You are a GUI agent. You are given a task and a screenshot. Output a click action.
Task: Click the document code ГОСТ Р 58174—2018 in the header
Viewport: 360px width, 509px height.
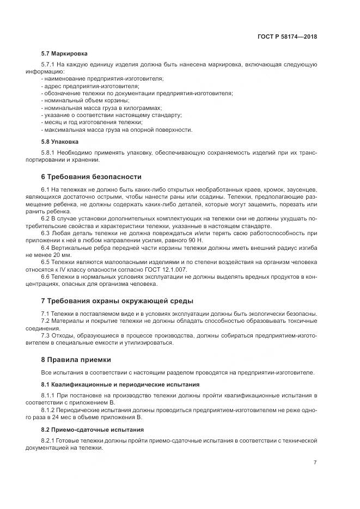pyautogui.click(x=288, y=36)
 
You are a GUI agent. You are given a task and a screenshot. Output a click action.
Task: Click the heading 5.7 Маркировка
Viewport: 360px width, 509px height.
pyautogui.click(x=64, y=54)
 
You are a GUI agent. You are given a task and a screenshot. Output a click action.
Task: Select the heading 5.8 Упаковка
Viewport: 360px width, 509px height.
pyautogui.click(x=60, y=141)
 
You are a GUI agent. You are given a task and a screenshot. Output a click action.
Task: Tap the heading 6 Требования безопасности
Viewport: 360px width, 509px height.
pyautogui.click(x=91, y=176)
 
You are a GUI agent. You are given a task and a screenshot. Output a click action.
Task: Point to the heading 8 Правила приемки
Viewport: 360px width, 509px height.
pyautogui.click(x=76, y=359)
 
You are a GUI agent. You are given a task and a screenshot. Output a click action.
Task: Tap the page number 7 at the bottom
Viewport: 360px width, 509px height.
pyautogui.click(x=315, y=463)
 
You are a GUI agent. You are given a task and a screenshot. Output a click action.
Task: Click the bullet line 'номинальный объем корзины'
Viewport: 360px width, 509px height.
pyautogui.click(x=86, y=101)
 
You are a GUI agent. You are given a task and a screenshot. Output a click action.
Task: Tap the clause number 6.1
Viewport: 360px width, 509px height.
pyautogui.click(x=46, y=188)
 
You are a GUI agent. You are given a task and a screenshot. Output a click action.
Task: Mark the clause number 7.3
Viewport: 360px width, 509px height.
pyautogui.click(x=46, y=335)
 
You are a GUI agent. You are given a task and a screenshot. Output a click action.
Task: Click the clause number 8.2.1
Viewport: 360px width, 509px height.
pyautogui.click(x=48, y=440)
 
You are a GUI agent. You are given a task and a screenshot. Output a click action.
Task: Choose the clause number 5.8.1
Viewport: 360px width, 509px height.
pyautogui.click(x=48, y=152)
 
